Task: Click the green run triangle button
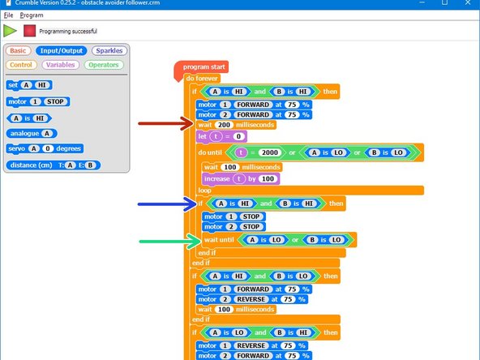pyautogui.click(x=10, y=31)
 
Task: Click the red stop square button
pyautogui.click(x=30, y=31)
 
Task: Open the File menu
pyautogui.click(x=8, y=15)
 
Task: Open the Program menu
pyautogui.click(x=32, y=15)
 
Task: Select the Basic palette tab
pyautogui.click(x=18, y=50)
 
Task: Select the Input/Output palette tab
pyautogui.click(x=62, y=50)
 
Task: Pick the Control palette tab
pyautogui.click(x=22, y=64)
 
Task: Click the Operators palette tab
pyautogui.click(x=104, y=64)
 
